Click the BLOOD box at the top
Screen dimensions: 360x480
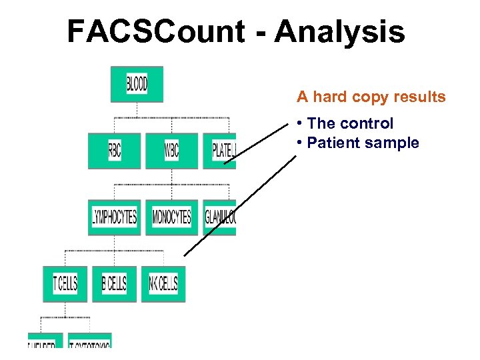[x=137, y=84]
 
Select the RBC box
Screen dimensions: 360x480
[x=114, y=151]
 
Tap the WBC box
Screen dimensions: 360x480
[x=171, y=151]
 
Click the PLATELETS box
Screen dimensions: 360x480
[x=220, y=151]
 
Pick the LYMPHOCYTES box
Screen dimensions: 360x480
[x=114, y=217]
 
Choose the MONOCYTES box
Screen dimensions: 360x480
[x=171, y=217]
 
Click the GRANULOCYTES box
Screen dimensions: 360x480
[x=220, y=217]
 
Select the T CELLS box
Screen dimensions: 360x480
[x=65, y=284]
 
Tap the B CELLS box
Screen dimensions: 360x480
[x=114, y=284]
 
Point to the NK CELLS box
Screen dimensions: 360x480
[x=163, y=284]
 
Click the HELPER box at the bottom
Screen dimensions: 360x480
[x=45, y=341]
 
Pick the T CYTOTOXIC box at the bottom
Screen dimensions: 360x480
[x=90, y=341]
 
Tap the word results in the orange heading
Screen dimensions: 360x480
[x=419, y=97]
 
